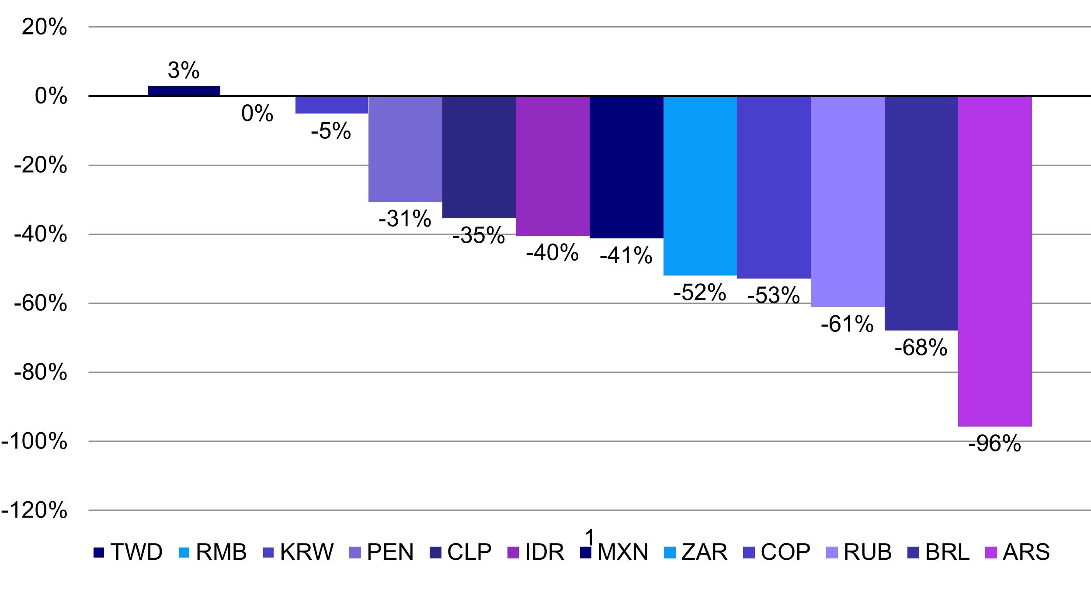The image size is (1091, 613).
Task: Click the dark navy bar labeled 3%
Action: point(184,91)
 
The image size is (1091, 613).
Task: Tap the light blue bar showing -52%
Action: point(700,186)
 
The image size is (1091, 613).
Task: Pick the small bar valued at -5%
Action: point(331,105)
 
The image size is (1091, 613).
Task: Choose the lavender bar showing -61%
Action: point(848,201)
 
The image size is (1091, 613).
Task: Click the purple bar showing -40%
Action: point(552,166)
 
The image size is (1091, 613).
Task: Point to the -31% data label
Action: point(405,218)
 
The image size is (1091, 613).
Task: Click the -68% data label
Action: point(921,348)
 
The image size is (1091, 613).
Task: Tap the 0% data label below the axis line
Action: point(257,114)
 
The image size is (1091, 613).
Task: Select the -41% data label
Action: point(626,255)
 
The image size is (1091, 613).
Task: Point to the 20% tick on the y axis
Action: point(45,28)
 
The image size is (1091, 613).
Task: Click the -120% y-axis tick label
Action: point(35,510)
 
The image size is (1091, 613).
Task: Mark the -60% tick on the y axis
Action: point(40,304)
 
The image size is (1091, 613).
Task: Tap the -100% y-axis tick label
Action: point(35,442)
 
